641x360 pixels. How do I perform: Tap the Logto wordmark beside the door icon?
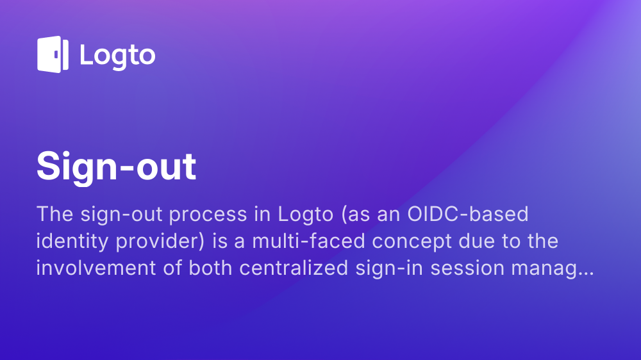[x=117, y=55]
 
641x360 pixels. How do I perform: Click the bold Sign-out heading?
[x=116, y=167]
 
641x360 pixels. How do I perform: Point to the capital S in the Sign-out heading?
[x=49, y=167]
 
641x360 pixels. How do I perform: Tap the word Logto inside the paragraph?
[x=301, y=215]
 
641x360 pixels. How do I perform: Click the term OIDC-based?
[x=468, y=213]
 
